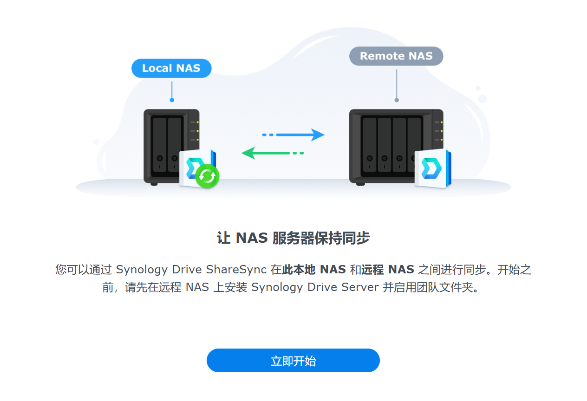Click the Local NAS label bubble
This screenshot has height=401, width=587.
(171, 68)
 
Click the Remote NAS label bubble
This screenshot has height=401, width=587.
(396, 56)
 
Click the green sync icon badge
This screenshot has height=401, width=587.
(207, 176)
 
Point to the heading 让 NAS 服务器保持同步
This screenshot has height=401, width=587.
(293, 238)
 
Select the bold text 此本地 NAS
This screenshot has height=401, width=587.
(314, 270)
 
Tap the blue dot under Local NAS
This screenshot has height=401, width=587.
(172, 100)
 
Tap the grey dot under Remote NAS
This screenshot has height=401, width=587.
(397, 100)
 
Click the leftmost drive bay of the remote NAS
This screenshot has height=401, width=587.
(370, 144)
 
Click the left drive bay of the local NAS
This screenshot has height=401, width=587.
(160, 144)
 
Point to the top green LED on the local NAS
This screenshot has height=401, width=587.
(197, 123)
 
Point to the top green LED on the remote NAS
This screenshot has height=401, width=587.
(442, 123)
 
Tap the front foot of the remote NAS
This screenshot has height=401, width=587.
(360, 184)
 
